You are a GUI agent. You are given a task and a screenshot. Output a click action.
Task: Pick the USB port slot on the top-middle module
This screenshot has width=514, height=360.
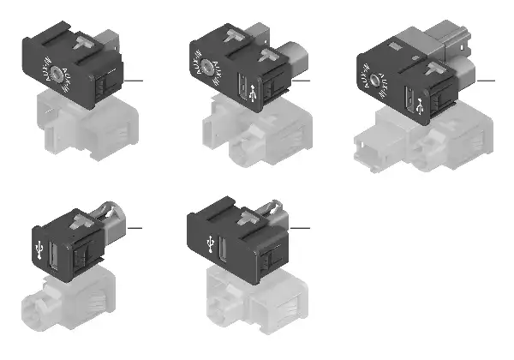coord(242,88)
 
